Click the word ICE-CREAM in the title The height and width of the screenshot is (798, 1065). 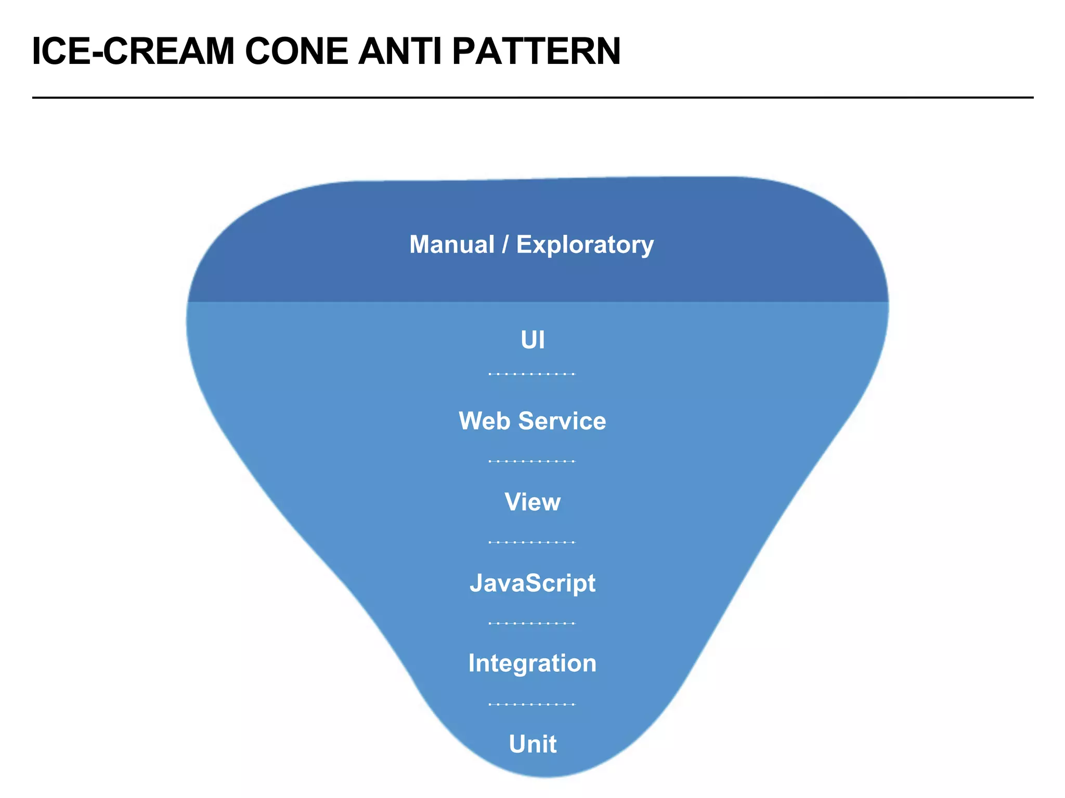[133, 51]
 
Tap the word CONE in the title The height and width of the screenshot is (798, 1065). [296, 51]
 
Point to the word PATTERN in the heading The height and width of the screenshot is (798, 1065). [536, 51]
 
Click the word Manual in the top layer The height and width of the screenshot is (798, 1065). [451, 245]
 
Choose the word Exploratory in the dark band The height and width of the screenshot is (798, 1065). [585, 245]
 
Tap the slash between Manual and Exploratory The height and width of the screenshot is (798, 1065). [505, 245]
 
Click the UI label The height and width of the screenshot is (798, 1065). [532, 340]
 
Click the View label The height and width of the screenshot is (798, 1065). [532, 502]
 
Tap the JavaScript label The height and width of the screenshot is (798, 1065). [532, 583]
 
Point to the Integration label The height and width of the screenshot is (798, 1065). [532, 663]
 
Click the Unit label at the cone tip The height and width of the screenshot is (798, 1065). [532, 744]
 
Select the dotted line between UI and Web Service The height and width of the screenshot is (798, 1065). [532, 374]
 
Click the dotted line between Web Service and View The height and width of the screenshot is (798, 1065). [532, 461]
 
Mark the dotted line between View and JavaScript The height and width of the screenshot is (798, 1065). [532, 542]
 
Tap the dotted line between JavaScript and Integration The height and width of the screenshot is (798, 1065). [532, 623]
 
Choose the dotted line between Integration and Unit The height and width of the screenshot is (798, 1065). [532, 704]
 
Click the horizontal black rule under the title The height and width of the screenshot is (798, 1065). [532, 97]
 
